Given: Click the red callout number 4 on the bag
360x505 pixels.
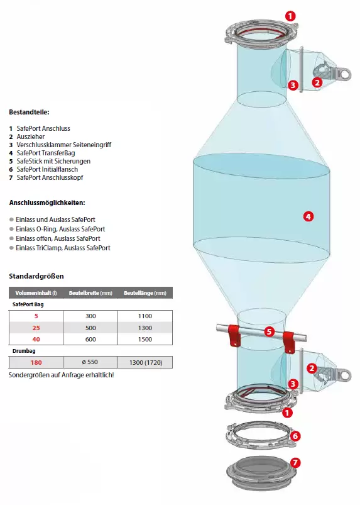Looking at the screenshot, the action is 308,216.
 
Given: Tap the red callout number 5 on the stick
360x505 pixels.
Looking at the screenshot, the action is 270,331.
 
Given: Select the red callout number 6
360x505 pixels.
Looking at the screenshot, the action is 295,436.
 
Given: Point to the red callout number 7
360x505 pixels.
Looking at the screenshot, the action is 295,463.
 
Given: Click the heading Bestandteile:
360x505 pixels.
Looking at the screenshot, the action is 29,113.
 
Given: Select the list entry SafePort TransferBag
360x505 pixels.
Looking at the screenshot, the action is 46,153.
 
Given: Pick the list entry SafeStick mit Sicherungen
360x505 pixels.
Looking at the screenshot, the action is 53,161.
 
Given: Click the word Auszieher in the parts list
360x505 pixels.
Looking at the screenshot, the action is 31,136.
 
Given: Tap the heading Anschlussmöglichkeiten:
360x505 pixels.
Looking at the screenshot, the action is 47,203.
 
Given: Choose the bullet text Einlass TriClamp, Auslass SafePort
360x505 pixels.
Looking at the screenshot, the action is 63,248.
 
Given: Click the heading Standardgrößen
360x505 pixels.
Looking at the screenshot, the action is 36,276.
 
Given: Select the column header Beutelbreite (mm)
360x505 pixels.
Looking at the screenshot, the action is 90,293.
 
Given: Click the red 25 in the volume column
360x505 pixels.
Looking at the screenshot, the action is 36,328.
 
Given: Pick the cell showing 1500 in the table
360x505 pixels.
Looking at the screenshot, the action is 145,339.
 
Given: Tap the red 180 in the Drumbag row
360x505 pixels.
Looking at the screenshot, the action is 36,363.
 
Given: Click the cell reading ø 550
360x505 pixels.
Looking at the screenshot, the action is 90,362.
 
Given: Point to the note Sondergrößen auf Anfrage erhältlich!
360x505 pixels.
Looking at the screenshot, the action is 61,375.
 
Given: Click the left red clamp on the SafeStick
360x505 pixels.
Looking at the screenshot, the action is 234,335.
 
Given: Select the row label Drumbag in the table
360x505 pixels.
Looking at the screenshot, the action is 24,351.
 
